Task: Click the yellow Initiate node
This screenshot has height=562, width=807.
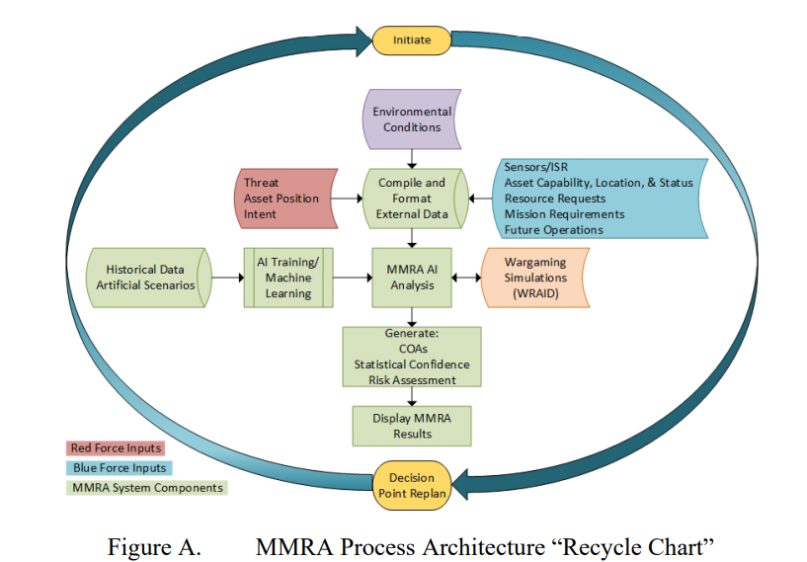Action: pos(412,40)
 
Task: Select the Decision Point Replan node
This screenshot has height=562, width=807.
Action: pos(412,485)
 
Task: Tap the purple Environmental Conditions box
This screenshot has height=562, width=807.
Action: pos(412,120)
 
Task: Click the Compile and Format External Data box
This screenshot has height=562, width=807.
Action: pos(415,199)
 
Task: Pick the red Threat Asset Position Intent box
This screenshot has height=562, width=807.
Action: pos(285,199)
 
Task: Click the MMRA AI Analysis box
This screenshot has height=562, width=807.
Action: pos(412,278)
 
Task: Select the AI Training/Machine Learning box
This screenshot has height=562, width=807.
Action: pos(288,278)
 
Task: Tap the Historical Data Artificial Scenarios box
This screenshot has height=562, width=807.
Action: pos(148,278)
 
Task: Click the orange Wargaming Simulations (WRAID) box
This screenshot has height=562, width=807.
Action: pos(534,278)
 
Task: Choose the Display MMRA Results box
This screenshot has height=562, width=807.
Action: pos(412,426)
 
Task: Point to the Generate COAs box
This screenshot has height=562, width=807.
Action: pos(412,357)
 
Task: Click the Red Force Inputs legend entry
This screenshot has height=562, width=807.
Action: pos(116,448)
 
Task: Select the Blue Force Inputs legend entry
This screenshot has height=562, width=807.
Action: pos(120,468)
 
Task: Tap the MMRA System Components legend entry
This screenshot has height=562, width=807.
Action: pos(147,488)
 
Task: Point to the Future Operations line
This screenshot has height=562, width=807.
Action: pos(553,230)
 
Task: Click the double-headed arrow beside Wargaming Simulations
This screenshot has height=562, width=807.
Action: pos(466,278)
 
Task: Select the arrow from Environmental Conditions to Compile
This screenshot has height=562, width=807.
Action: pos(412,159)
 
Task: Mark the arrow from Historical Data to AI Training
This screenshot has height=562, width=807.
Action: pos(227,278)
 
